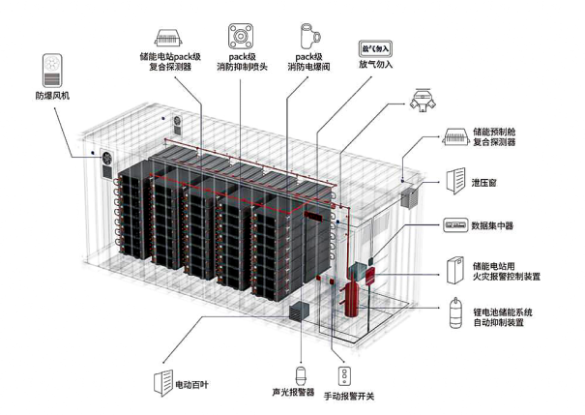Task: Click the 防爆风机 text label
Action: (x=54, y=96)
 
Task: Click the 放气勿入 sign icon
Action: (x=375, y=44)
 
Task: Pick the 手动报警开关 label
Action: (x=349, y=396)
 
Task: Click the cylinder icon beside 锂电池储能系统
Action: (x=454, y=315)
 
